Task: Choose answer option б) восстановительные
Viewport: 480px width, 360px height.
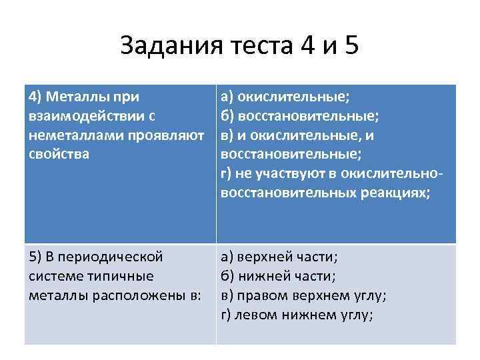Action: (300, 117)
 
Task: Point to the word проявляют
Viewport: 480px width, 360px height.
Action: (159, 136)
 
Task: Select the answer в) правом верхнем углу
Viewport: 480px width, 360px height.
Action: (303, 295)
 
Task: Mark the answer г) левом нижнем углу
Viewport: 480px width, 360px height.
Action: (297, 315)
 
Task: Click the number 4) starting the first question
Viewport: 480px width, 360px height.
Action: (35, 97)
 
